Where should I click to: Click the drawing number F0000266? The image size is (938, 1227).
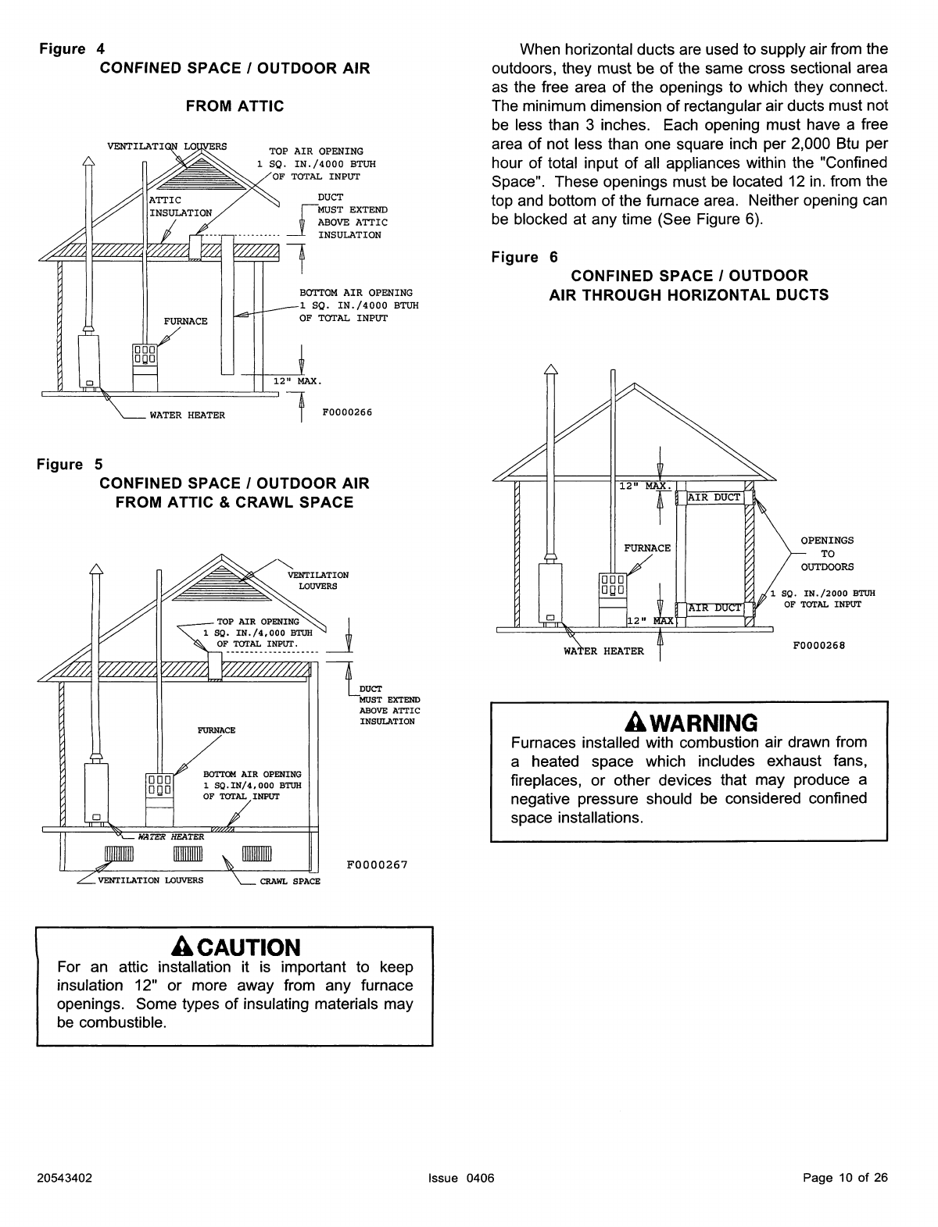(x=347, y=412)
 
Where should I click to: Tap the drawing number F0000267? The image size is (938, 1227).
(x=377, y=865)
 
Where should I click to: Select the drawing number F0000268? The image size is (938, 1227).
(x=819, y=646)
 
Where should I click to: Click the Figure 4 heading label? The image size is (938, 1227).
(x=72, y=49)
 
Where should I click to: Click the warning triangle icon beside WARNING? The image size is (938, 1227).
(x=635, y=722)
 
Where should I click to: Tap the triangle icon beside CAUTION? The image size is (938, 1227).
(x=182, y=947)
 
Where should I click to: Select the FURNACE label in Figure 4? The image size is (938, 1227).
(x=185, y=322)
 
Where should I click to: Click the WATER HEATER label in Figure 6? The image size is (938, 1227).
(x=603, y=651)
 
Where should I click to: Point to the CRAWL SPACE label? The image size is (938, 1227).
(x=290, y=882)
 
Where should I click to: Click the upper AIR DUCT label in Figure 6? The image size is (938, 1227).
(x=714, y=498)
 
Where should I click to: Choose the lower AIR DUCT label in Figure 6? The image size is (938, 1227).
(x=714, y=608)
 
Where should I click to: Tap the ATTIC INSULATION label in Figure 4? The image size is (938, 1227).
(x=180, y=206)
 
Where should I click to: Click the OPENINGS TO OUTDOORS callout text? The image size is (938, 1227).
(x=827, y=554)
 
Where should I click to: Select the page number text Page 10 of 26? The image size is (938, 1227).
(x=845, y=1178)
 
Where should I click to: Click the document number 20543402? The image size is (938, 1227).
(x=64, y=1178)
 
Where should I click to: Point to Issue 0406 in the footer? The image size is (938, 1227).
(x=461, y=1178)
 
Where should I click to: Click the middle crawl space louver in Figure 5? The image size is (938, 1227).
(x=188, y=854)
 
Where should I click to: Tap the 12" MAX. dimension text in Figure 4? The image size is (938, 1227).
(x=297, y=381)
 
